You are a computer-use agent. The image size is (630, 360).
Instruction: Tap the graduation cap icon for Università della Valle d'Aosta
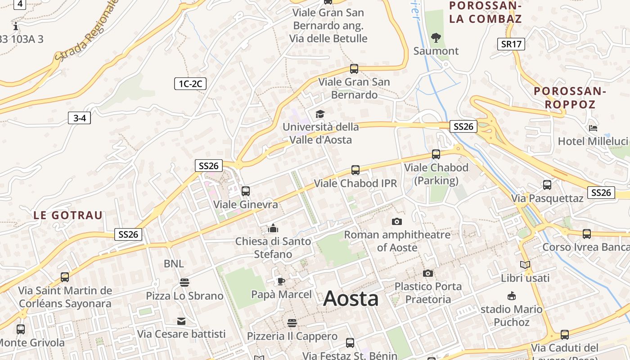point(320,114)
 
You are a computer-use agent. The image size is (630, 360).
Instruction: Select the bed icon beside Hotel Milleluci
point(593,128)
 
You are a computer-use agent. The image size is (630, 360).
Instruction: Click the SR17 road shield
point(511,44)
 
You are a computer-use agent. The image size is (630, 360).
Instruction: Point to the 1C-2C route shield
point(190,83)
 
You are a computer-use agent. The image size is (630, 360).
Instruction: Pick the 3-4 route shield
point(79,118)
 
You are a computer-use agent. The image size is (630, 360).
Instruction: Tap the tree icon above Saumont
point(436,38)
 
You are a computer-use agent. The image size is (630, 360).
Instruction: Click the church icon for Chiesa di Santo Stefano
point(273,228)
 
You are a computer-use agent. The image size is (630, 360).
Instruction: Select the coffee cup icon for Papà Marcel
point(281,282)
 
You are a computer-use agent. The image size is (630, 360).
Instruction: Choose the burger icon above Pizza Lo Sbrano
point(184,283)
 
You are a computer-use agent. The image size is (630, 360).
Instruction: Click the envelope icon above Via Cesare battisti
point(181,321)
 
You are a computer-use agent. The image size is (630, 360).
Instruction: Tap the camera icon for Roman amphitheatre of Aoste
point(396,221)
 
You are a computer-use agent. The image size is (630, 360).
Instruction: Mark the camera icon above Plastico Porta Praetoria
point(428,273)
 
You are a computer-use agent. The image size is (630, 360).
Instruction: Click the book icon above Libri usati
point(525,265)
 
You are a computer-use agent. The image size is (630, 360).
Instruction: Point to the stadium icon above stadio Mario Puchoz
point(511,296)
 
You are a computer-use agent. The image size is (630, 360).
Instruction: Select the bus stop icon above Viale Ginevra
point(246,191)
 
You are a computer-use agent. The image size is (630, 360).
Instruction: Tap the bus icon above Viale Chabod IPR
point(355,170)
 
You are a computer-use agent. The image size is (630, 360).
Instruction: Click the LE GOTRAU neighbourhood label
point(68,215)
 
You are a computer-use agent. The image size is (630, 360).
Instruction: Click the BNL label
point(174,264)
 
